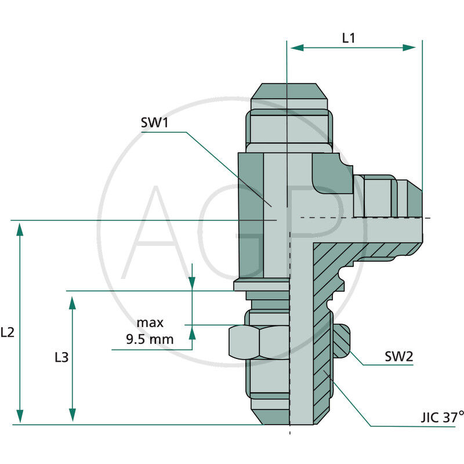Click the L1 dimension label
pyautogui.click(x=349, y=39)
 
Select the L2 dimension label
pyautogui.click(x=8, y=332)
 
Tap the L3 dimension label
pyautogui.click(x=61, y=357)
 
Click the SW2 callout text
pyautogui.click(x=399, y=356)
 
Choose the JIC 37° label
pyautogui.click(x=443, y=417)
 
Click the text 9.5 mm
pyautogui.click(x=150, y=339)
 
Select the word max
pyautogui.click(x=150, y=322)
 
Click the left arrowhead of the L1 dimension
pyautogui.click(x=296, y=48)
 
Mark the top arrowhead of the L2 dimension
pyautogui.click(x=20, y=229)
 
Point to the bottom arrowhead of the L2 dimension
pyautogui.click(x=20, y=416)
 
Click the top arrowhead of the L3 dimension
pyautogui.click(x=72, y=303)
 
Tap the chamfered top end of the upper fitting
pyautogui.click(x=288, y=92)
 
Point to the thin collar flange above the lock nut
pyautogui.click(x=261, y=285)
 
